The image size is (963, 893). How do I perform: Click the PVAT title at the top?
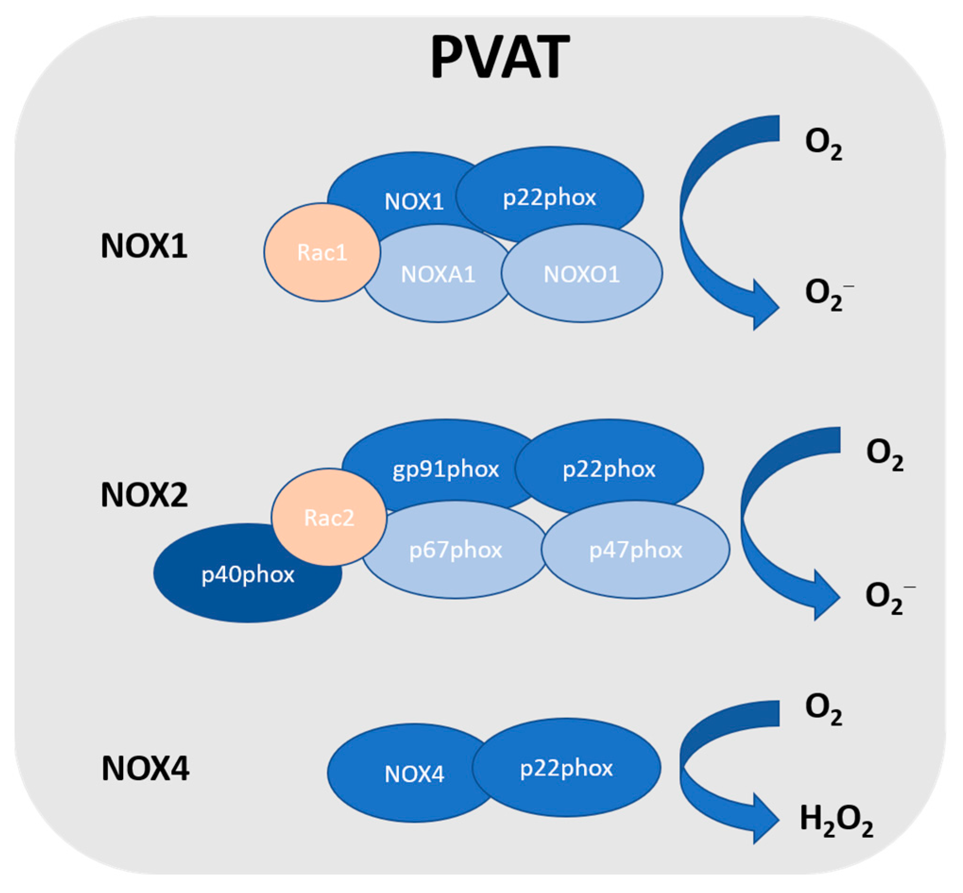point(499,57)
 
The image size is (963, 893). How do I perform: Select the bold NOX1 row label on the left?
point(144,246)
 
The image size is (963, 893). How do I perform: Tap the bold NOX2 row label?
point(144,495)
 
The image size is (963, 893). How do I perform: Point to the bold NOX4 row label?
point(145,768)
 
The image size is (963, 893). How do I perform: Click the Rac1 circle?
point(322,253)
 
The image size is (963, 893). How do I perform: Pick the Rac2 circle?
point(329,517)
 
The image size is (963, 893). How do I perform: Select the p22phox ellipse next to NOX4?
point(566,768)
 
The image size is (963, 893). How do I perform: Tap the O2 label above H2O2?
point(823,709)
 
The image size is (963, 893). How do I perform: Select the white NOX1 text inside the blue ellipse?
point(414,202)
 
